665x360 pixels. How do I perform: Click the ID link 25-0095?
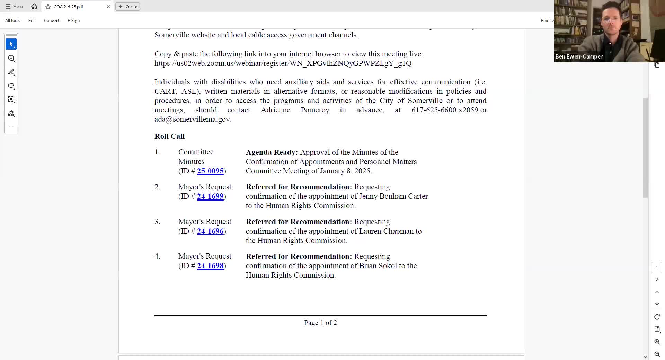[x=210, y=171]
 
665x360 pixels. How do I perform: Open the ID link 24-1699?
[x=210, y=196]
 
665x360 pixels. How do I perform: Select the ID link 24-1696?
[x=210, y=231]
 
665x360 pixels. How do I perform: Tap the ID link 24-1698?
[x=210, y=266]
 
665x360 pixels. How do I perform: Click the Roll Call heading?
[x=169, y=136]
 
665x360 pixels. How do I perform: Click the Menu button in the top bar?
[x=14, y=7]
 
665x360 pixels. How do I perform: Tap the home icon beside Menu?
[x=34, y=7]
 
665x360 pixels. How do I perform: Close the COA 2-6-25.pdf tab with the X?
[x=108, y=7]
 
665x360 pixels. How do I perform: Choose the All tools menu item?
[x=13, y=21]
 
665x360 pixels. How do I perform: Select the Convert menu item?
[x=52, y=21]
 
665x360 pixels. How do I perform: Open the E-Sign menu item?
[x=73, y=21]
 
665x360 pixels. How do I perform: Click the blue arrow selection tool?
[x=11, y=44]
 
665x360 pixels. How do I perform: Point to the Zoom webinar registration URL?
[x=283, y=63]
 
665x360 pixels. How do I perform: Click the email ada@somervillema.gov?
[x=192, y=119]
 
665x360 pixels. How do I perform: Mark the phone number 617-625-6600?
[x=434, y=110]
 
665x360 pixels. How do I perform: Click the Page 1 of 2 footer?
[x=320, y=323]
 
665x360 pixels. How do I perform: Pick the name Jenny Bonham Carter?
[x=393, y=196]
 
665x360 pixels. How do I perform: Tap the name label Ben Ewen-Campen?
[x=579, y=57]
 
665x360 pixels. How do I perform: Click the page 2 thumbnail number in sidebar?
[x=656, y=280]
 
